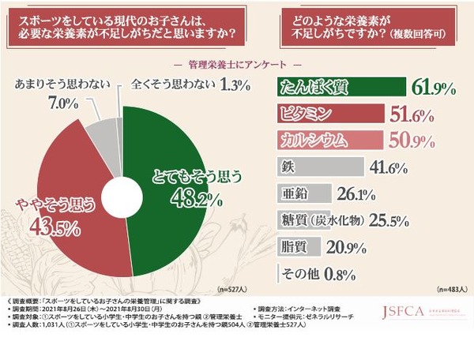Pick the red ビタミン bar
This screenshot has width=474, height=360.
pos(327,114)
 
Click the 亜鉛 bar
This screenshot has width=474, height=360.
pos(299,194)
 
